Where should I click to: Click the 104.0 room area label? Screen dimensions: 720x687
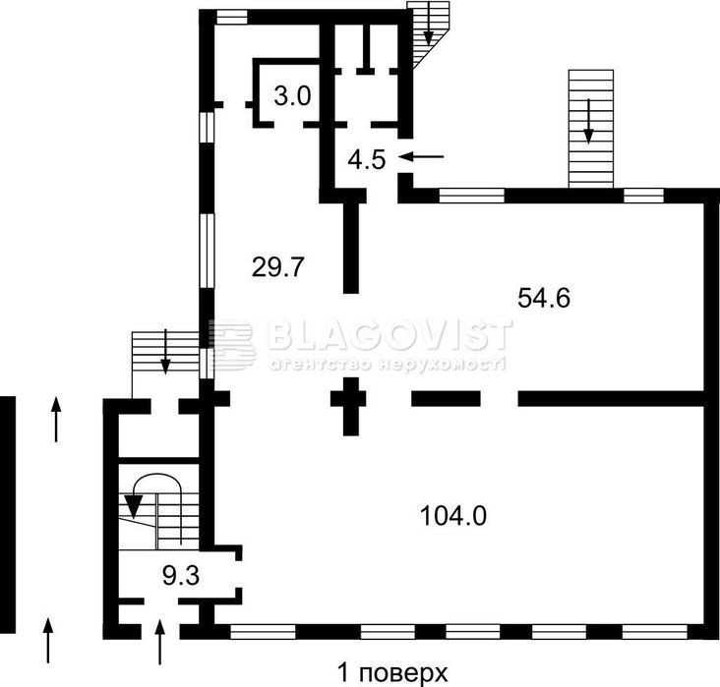[x=453, y=515]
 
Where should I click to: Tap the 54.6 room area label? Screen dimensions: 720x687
[x=544, y=298]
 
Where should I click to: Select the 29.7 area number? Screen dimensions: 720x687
[x=278, y=266]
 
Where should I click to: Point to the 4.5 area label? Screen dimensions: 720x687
[x=367, y=160]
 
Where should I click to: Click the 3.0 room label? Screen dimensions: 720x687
[x=292, y=97]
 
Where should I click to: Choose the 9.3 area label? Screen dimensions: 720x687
[x=181, y=575]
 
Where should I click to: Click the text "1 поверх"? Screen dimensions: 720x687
[x=392, y=673]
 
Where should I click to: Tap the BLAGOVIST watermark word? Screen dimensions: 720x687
[x=390, y=334]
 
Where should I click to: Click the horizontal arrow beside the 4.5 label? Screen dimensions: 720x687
[x=422, y=157]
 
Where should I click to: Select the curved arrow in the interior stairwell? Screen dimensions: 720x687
[x=156, y=478]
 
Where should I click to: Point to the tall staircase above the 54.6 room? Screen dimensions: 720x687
[x=591, y=129]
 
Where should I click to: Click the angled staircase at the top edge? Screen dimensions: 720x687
[x=428, y=34]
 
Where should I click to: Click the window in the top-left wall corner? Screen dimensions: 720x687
[x=232, y=18]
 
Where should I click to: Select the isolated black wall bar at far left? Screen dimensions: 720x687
[x=7, y=514]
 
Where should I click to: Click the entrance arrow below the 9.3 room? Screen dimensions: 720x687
[x=159, y=642]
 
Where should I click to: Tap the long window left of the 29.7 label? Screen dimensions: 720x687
[x=207, y=251]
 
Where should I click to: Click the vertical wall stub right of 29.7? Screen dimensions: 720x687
[x=351, y=248]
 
